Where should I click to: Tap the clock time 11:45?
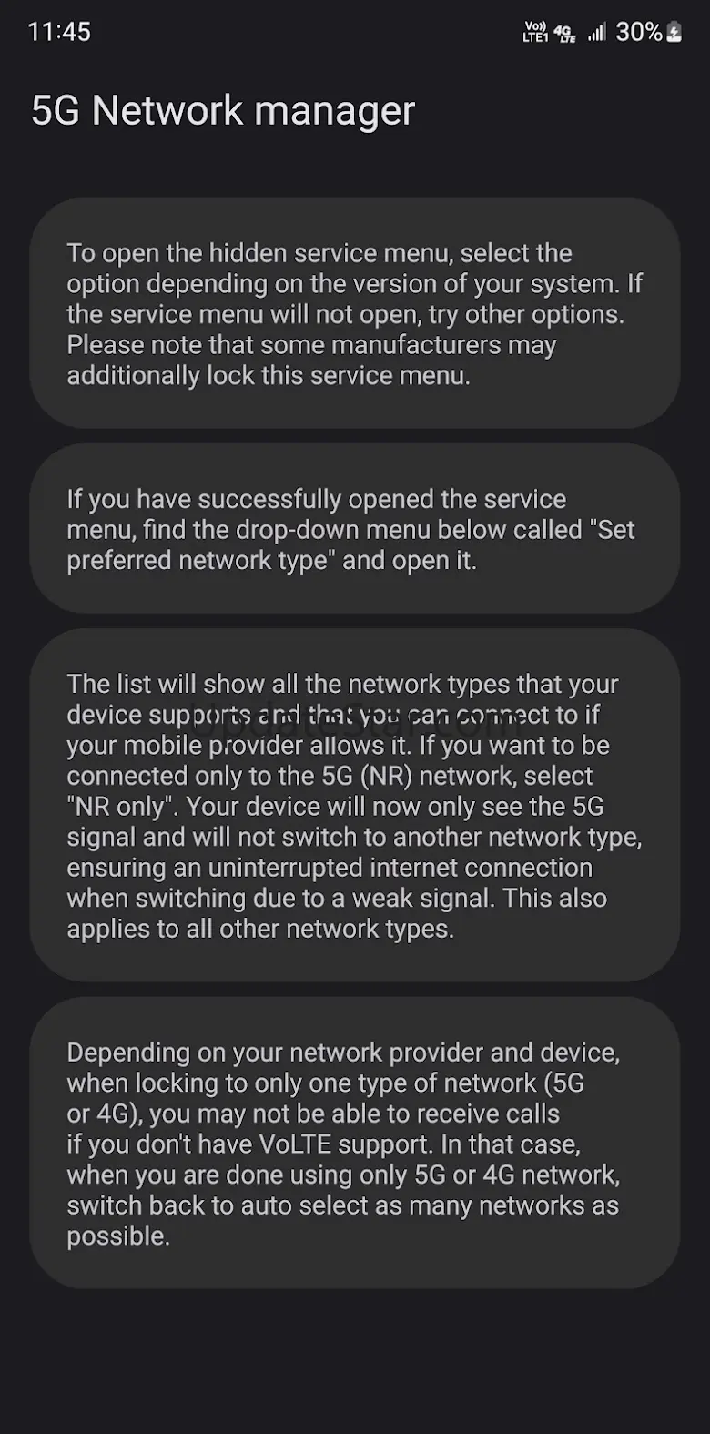click(x=59, y=31)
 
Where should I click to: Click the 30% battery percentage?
click(x=638, y=31)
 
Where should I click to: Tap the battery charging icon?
click(x=674, y=32)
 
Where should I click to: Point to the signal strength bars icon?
click(x=597, y=32)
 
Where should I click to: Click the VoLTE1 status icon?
click(x=535, y=32)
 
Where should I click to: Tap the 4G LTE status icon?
click(x=564, y=33)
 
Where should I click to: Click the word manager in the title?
click(x=335, y=111)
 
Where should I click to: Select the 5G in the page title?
click(x=55, y=110)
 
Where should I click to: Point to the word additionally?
click(x=133, y=376)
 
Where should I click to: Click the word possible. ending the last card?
click(x=118, y=1236)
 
